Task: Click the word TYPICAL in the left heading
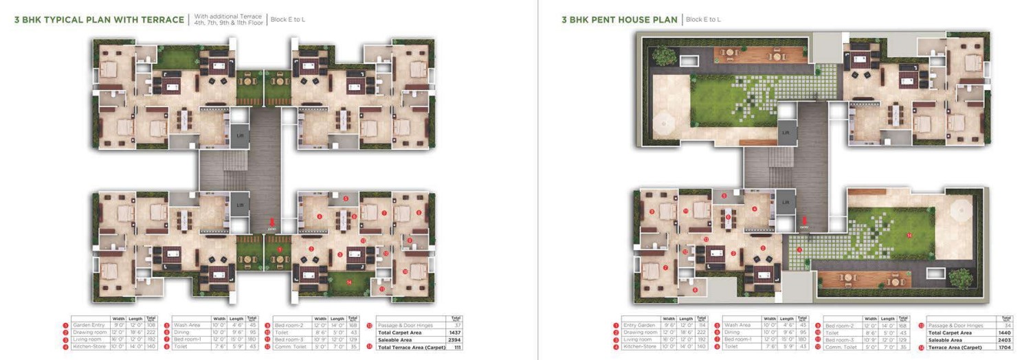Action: coord(66,20)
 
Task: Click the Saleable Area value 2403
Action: coord(1006,340)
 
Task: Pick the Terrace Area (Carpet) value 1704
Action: coord(1006,348)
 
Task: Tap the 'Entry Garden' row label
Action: coord(639,325)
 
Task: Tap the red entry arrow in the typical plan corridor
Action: coord(273,222)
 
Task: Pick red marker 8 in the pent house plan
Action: coord(695,290)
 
